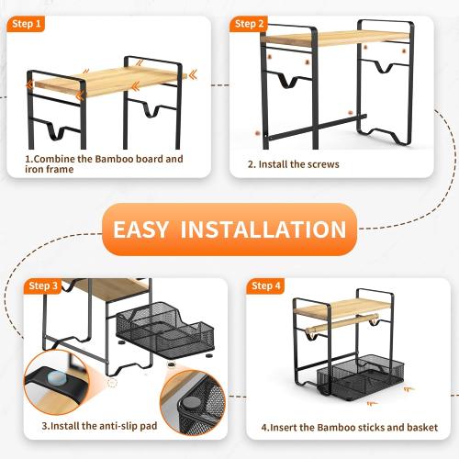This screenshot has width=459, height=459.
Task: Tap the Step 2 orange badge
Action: click(x=249, y=24)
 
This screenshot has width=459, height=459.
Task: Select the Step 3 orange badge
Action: click(x=42, y=285)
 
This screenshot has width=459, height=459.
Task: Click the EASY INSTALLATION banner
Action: click(x=229, y=229)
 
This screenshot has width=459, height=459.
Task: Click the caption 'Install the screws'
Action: click(x=294, y=165)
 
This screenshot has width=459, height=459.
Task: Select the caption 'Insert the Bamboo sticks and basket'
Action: click(x=349, y=428)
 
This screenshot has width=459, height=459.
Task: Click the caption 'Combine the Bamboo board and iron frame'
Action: click(x=103, y=164)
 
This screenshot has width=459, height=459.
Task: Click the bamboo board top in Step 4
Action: click(x=344, y=308)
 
